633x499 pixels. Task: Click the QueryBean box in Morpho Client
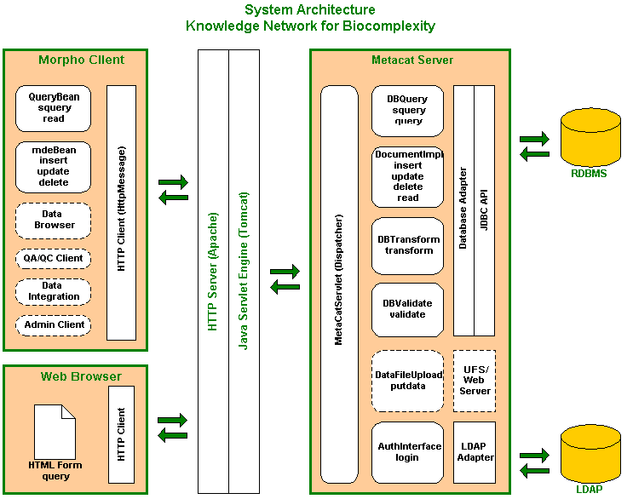pyautogui.click(x=53, y=108)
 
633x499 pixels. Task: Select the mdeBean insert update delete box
pyautogui.click(x=53, y=167)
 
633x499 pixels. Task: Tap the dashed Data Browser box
pyautogui.click(x=53, y=220)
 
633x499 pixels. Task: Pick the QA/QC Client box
pyautogui.click(x=53, y=258)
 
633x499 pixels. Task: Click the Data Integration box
pyautogui.click(x=53, y=291)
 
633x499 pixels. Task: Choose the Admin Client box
pyautogui.click(x=53, y=324)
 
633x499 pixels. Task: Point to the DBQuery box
pyautogui.click(x=408, y=110)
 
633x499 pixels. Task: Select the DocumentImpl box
pyautogui.click(x=408, y=176)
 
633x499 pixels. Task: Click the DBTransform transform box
pyautogui.click(x=408, y=245)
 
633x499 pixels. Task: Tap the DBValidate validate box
pyautogui.click(x=408, y=309)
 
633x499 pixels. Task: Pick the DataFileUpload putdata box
pyautogui.click(x=408, y=381)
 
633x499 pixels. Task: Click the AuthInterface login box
pyautogui.click(x=408, y=451)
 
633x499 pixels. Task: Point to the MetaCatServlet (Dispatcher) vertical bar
pyautogui.click(x=339, y=284)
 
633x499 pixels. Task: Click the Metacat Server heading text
pyautogui.click(x=412, y=60)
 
